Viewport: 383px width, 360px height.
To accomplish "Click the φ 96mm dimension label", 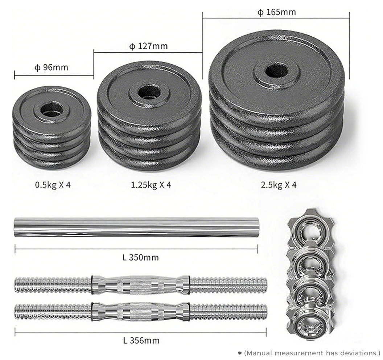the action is tap(51, 67).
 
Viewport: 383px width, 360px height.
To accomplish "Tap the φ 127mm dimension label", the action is tap(148, 46).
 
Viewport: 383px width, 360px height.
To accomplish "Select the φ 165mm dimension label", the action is tap(276, 12).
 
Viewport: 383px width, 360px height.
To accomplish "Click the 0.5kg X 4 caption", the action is tap(53, 185).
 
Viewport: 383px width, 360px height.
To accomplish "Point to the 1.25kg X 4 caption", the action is tap(151, 185).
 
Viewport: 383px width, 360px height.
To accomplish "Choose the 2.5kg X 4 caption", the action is tap(279, 185).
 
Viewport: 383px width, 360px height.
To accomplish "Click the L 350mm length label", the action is tap(140, 257).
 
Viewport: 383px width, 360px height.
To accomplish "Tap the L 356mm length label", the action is tap(141, 340).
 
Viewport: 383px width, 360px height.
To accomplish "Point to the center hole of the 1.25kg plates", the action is tap(149, 93).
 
